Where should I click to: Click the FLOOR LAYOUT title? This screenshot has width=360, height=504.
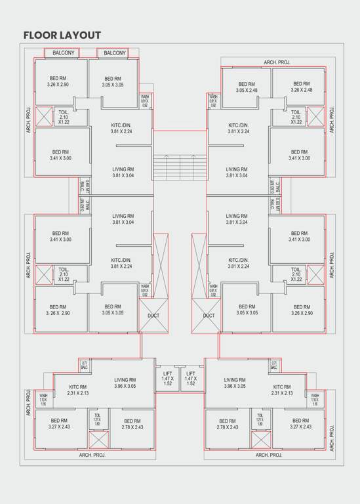point(62,35)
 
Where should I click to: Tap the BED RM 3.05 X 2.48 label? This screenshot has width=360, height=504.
point(247,87)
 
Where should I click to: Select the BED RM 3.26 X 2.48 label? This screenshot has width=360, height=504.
point(301,87)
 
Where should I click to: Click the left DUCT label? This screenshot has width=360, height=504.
point(153,316)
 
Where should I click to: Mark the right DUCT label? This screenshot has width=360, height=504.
point(209,316)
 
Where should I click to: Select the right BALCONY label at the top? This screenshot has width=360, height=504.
point(115,52)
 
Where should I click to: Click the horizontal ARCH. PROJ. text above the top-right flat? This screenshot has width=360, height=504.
point(277,62)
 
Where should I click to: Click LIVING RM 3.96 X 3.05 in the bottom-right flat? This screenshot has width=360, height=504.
point(234,383)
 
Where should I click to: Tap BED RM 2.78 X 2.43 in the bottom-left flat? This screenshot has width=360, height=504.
point(132,425)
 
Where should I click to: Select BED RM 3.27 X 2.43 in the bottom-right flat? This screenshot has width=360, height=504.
point(301,424)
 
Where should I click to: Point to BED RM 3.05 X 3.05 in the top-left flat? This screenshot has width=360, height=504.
point(113,81)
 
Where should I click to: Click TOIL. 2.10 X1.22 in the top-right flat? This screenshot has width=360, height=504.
point(296,117)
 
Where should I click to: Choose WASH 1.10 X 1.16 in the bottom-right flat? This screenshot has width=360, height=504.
point(315,399)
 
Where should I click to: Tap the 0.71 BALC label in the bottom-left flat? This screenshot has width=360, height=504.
point(84,365)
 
